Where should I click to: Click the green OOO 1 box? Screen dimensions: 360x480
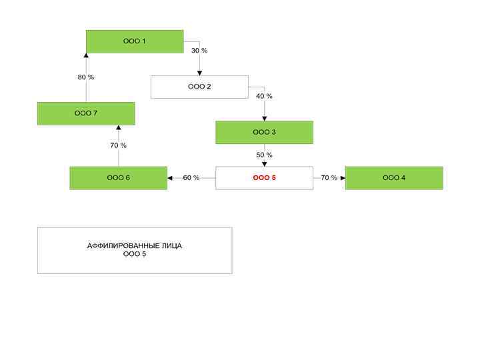click(x=135, y=41)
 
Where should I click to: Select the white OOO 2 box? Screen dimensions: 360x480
click(x=199, y=87)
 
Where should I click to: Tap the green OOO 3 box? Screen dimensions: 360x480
click(x=264, y=132)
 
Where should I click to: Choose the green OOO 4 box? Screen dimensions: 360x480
click(x=394, y=178)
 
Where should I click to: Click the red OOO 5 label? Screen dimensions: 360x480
click(x=264, y=178)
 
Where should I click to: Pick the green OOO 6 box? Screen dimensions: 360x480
click(x=118, y=178)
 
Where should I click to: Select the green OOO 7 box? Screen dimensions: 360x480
click(x=86, y=113)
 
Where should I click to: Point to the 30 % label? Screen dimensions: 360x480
click(x=199, y=51)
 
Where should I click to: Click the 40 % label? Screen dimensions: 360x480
click(x=264, y=96)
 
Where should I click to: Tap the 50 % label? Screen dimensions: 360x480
click(x=264, y=155)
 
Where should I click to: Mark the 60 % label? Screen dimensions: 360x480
click(x=191, y=178)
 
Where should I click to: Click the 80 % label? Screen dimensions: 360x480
click(x=86, y=77)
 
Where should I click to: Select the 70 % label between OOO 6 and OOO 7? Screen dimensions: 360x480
click(x=118, y=145)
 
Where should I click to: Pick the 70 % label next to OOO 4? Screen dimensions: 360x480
click(x=329, y=178)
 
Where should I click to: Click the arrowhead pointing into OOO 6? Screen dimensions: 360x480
click(x=170, y=178)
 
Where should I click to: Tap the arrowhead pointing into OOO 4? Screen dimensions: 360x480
click(x=343, y=178)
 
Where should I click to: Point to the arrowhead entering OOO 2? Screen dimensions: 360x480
click(x=199, y=73)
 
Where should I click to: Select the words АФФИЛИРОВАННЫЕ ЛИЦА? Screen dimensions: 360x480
click(x=134, y=246)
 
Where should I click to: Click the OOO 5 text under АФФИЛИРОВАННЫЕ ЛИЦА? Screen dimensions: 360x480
click(x=134, y=254)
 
